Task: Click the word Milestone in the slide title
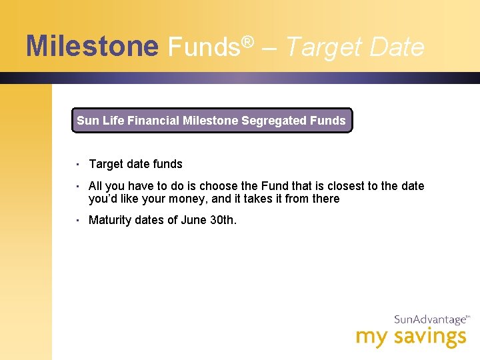92,47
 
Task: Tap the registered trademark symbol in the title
248,42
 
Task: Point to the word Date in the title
396,47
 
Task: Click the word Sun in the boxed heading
87,121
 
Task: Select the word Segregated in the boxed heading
274,121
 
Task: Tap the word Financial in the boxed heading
153,121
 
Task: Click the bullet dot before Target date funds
78,164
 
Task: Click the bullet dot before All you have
78,186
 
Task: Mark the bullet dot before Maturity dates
78,220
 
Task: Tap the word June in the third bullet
194,220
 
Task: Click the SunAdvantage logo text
430,320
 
